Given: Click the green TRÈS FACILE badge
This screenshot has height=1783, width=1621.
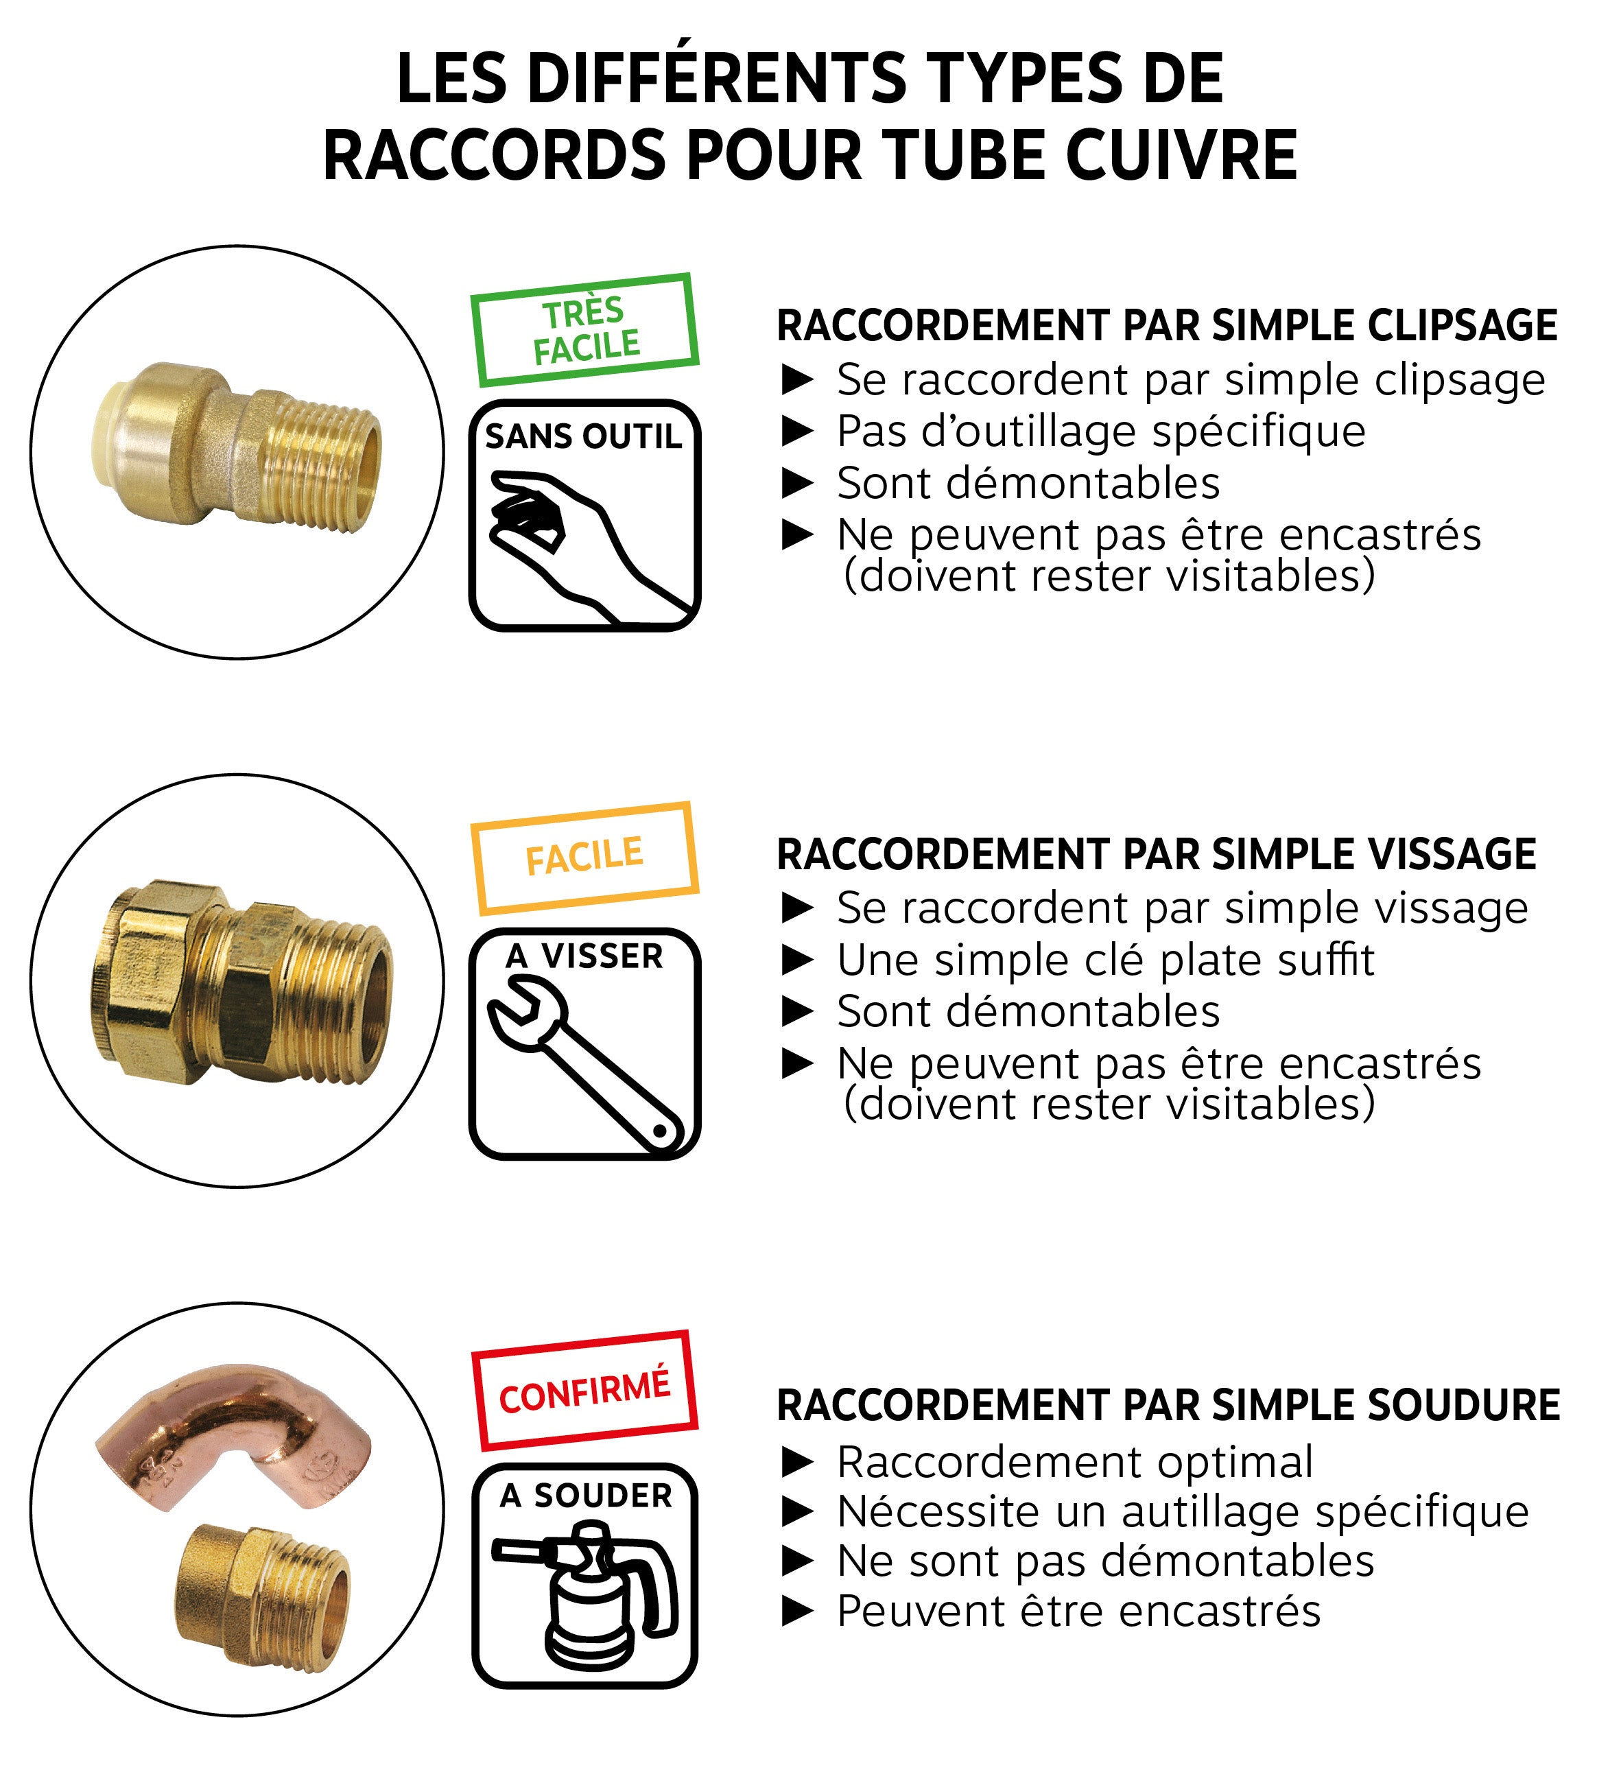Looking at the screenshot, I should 584,330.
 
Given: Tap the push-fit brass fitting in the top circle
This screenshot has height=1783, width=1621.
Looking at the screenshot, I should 239,447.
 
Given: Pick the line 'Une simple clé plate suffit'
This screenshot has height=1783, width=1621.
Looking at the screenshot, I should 1105,960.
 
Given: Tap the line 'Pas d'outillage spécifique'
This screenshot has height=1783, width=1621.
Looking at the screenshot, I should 1101,432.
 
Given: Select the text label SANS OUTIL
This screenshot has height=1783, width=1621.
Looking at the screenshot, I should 584,437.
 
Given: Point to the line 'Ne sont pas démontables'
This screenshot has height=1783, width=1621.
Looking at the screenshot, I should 1105,1561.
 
